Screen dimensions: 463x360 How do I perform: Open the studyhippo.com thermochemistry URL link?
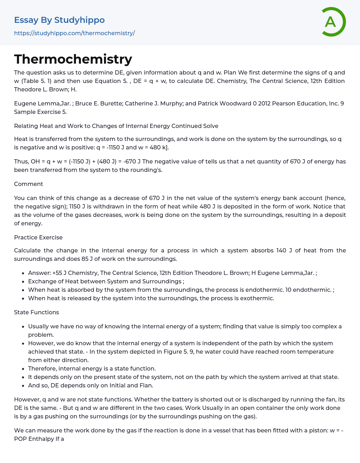[x=74, y=33]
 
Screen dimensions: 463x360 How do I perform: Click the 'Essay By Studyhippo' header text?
[x=59, y=20]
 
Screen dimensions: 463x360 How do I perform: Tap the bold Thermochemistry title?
[x=73, y=59]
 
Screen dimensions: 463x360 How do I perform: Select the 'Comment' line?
[x=28, y=184]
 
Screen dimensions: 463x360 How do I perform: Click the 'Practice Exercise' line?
[x=38, y=237]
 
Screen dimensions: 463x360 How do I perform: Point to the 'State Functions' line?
[x=37, y=312]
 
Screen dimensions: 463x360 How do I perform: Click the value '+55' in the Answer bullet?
[x=57, y=273]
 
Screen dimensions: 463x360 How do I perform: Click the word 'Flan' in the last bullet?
[x=146, y=385]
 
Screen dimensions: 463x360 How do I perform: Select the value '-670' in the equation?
[x=130, y=161]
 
